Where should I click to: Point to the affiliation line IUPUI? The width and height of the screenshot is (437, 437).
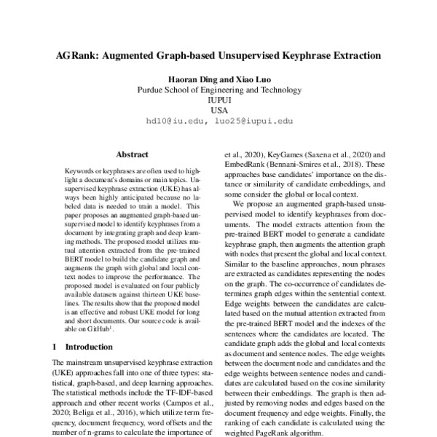tap(219, 101)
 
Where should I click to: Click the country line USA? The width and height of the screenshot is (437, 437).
tap(219, 111)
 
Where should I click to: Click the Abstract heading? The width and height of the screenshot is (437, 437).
tap(133, 154)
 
